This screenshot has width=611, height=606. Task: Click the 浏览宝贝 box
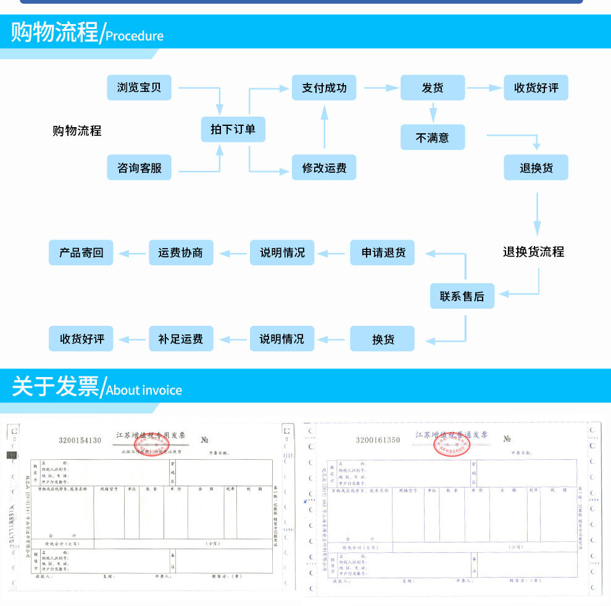coord(139,88)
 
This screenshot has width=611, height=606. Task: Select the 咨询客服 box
coord(139,167)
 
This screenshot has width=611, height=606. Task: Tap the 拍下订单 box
coord(233,130)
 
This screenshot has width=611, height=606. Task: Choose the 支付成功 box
coord(324,88)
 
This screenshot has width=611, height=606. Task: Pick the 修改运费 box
coord(324,167)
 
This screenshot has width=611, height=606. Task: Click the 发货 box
coord(433,88)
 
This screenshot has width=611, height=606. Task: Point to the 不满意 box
coord(433,138)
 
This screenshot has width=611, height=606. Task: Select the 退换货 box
coord(536,167)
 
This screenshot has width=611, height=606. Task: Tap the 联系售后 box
coord(462,296)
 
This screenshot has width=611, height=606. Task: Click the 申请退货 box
coord(383,252)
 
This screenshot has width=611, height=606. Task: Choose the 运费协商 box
coord(181,252)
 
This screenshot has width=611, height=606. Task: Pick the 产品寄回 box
coord(81,252)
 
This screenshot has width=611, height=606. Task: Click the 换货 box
coord(383,339)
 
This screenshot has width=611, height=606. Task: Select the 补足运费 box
coord(181,339)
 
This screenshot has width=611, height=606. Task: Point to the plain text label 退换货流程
coord(533,252)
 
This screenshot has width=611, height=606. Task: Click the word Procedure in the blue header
coord(135,36)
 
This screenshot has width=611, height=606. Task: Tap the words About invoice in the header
coord(144,390)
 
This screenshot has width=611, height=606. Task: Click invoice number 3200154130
coord(80,440)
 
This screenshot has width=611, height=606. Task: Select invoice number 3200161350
coord(378,440)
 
